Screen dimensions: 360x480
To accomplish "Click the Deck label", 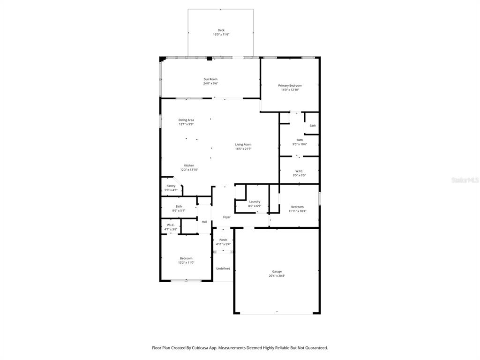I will [221, 30].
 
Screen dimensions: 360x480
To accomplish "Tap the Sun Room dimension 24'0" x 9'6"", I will [210, 83].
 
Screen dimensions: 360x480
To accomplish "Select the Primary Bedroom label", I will [290, 85].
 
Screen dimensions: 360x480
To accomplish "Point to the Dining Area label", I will [186, 120].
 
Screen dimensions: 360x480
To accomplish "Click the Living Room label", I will [243, 144].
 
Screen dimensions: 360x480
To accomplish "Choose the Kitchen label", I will [189, 165].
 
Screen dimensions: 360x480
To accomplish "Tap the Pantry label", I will [171, 186].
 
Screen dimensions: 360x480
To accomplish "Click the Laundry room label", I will [255, 202].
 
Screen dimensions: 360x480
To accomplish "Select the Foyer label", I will [226, 217].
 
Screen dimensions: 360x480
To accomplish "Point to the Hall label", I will [204, 222].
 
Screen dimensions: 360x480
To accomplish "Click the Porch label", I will [223, 240].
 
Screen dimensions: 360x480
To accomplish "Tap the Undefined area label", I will [223, 269].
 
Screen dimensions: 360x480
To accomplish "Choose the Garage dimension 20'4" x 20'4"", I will [277, 276].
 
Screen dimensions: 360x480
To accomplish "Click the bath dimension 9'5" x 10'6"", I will [300, 144].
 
